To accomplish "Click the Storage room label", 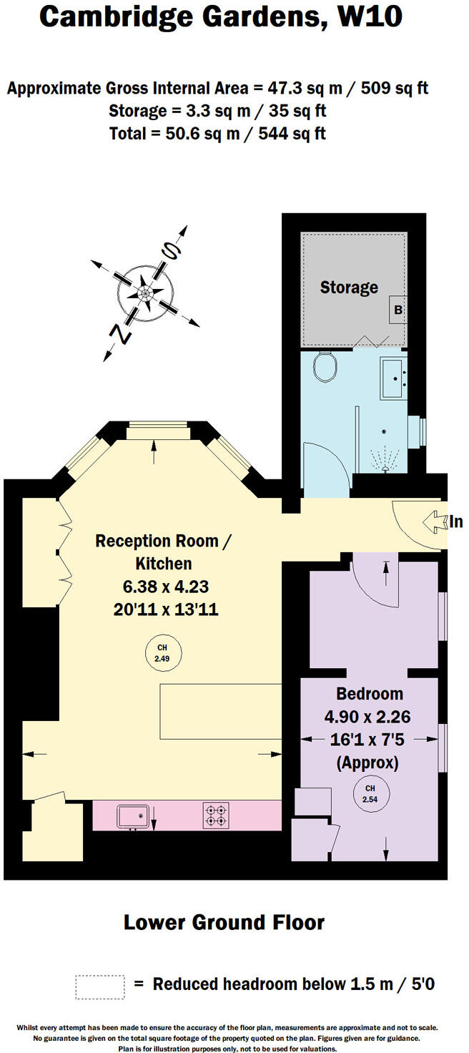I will (349, 288).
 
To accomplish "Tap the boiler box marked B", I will (398, 310).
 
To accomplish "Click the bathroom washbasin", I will (393, 377).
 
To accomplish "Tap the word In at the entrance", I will (455, 522).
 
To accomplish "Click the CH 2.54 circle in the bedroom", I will (370, 794).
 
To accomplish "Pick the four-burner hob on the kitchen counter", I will (216, 816).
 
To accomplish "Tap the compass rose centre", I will (145, 293).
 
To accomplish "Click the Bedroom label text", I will (370, 693).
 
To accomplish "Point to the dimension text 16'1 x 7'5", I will (370, 739).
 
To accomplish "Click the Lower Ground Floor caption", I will (224, 923).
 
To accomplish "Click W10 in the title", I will (366, 17).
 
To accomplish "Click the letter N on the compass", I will (122, 334).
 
